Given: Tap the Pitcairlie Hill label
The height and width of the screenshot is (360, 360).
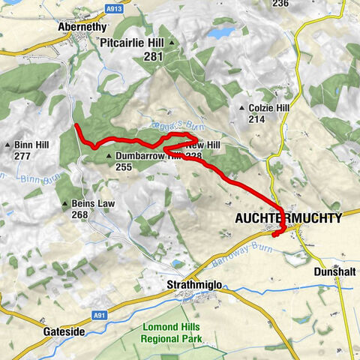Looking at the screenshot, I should (x=136, y=43).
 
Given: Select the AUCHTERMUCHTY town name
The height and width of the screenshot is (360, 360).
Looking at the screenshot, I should (x=288, y=218).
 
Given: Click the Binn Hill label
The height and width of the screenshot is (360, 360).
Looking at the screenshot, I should (x=31, y=145).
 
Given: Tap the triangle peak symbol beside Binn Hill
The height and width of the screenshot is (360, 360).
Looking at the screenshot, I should (x=8, y=145).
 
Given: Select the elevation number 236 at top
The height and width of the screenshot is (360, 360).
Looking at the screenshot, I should (x=280, y=4).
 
